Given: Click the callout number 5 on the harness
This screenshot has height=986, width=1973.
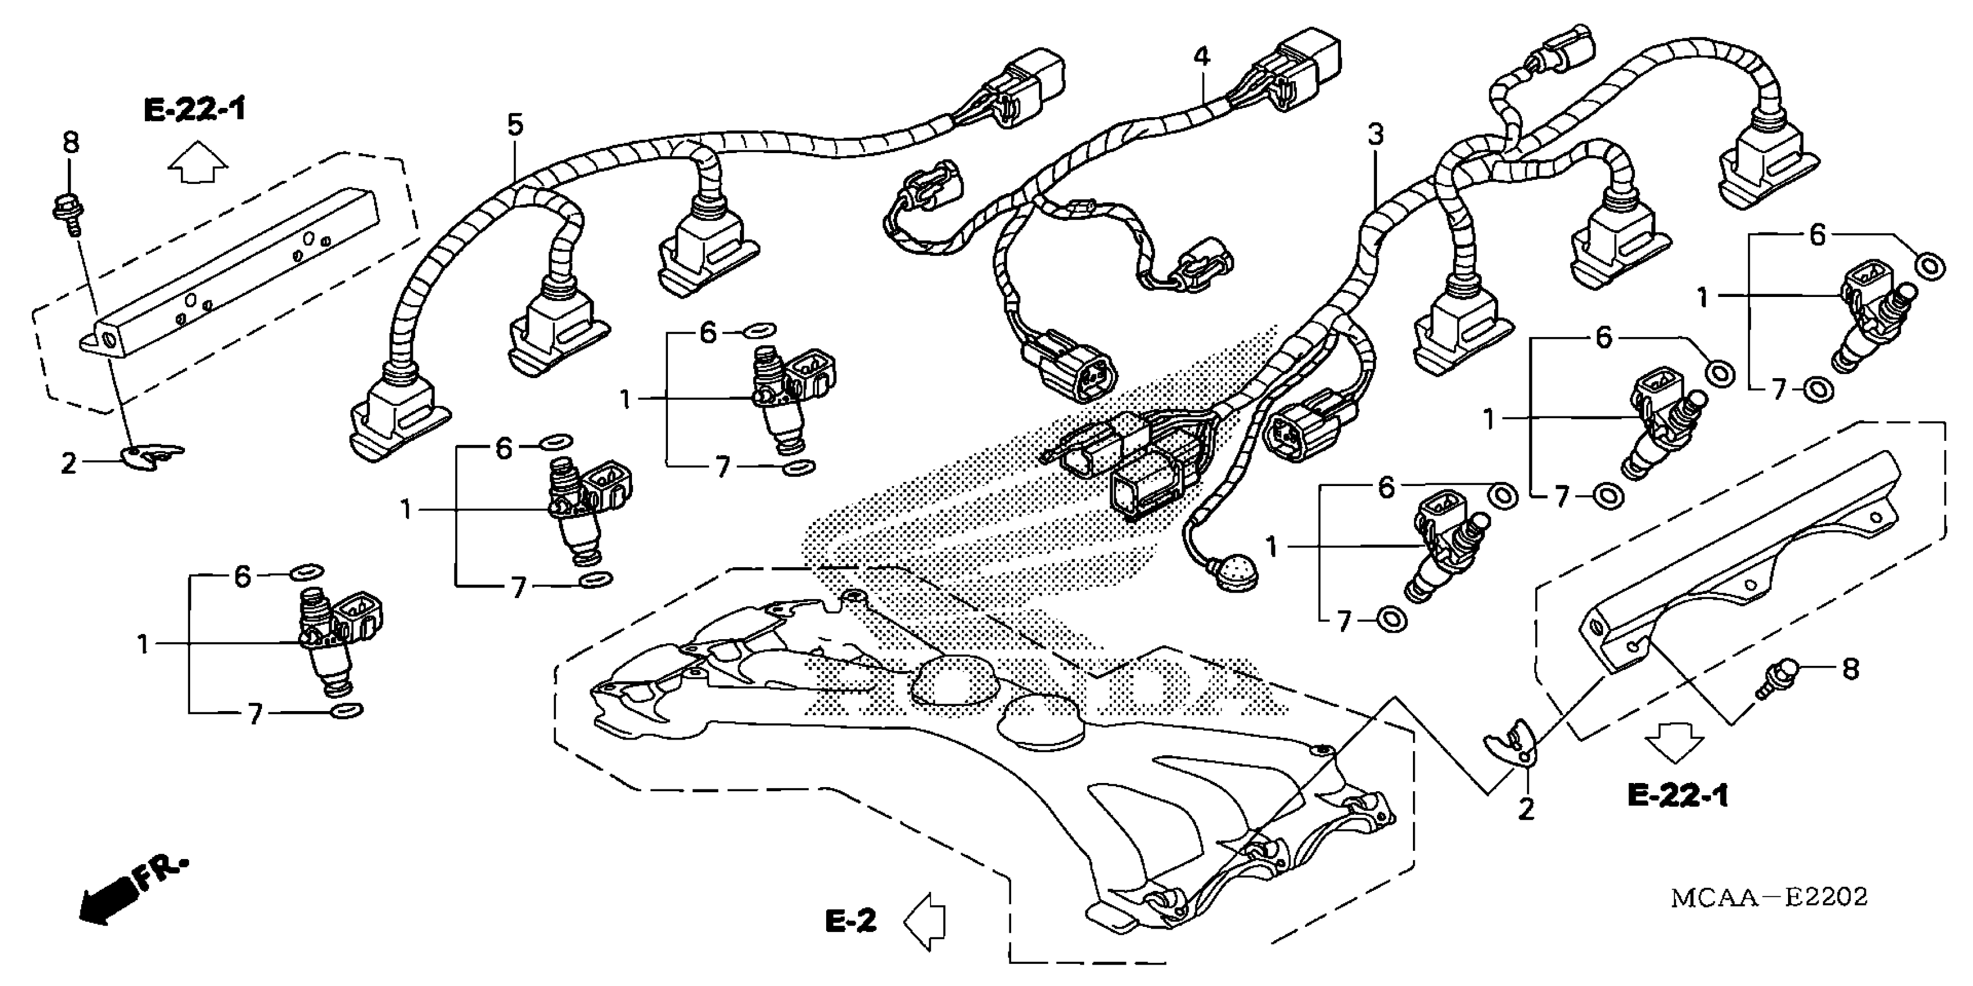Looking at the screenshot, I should [515, 125].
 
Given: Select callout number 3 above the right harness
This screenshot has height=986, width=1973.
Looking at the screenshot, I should [1376, 136].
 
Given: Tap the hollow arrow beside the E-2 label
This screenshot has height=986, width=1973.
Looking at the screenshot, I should [925, 922].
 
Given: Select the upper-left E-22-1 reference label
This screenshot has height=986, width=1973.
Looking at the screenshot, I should [195, 110].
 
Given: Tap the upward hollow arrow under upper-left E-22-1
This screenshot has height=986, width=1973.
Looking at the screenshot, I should [198, 163].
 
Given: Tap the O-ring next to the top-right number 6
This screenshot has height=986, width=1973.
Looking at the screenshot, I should [1928, 266].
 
